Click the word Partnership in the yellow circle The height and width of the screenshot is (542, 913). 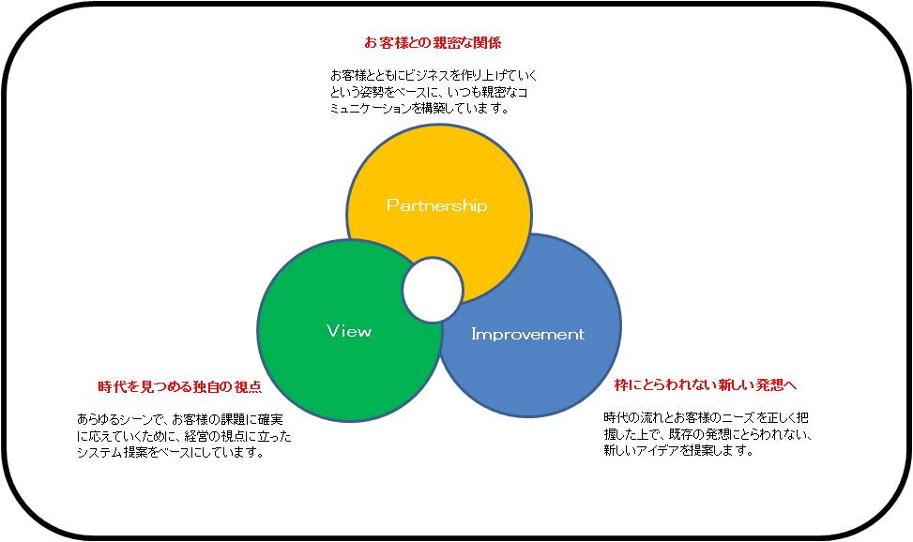[436, 205]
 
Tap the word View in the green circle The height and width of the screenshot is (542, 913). [349, 331]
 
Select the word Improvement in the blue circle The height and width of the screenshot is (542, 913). [527, 334]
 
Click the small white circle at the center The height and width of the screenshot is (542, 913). [434, 290]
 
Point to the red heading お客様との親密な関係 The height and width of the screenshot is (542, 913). [433, 42]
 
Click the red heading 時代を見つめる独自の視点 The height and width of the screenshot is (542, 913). [180, 387]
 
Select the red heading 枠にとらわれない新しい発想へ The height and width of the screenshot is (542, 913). [705, 384]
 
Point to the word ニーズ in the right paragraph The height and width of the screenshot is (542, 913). [738, 417]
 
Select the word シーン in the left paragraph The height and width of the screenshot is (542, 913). [131, 419]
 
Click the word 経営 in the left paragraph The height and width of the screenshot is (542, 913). [210, 435]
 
